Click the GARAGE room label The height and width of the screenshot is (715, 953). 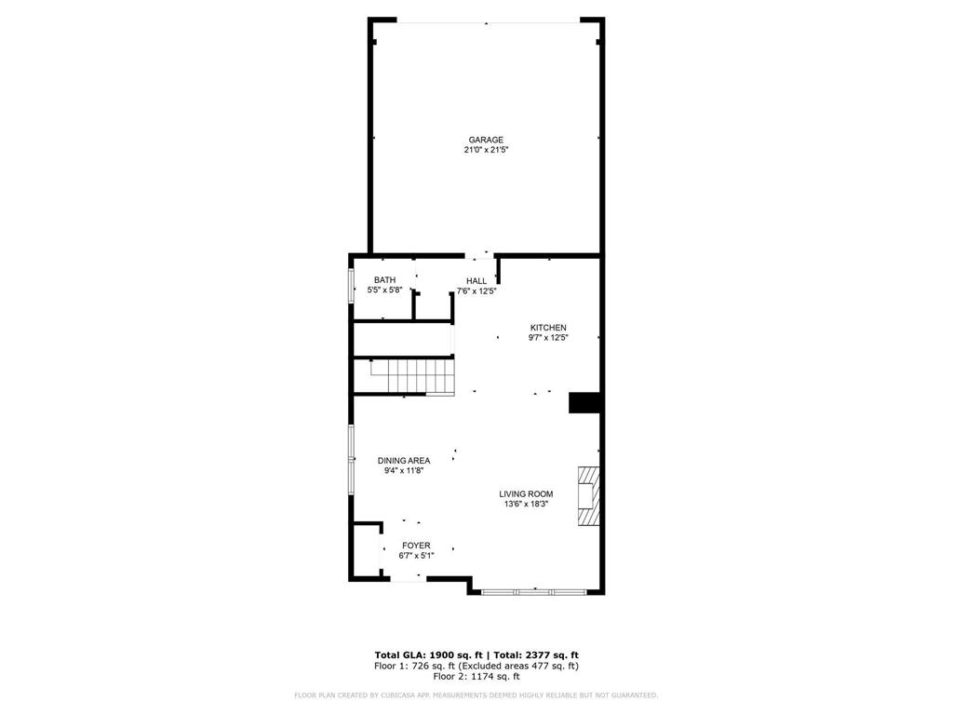[486, 140]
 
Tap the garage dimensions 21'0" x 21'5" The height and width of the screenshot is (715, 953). [486, 150]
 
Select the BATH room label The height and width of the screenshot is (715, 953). [384, 280]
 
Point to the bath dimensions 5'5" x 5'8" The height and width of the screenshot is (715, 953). [384, 290]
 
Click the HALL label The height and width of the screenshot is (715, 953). [476, 281]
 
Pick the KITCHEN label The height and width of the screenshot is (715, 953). [548, 328]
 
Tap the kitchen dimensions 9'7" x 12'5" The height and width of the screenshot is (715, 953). [548, 338]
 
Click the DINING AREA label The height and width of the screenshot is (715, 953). [404, 461]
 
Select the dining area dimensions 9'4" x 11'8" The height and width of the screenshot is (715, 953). [404, 471]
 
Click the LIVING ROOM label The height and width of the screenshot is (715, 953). [527, 494]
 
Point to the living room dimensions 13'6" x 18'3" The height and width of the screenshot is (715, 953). [527, 505]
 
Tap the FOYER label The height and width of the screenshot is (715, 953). [416, 546]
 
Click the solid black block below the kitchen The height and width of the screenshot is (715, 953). [584, 402]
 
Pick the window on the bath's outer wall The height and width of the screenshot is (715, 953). [351, 286]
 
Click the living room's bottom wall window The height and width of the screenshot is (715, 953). [535, 590]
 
